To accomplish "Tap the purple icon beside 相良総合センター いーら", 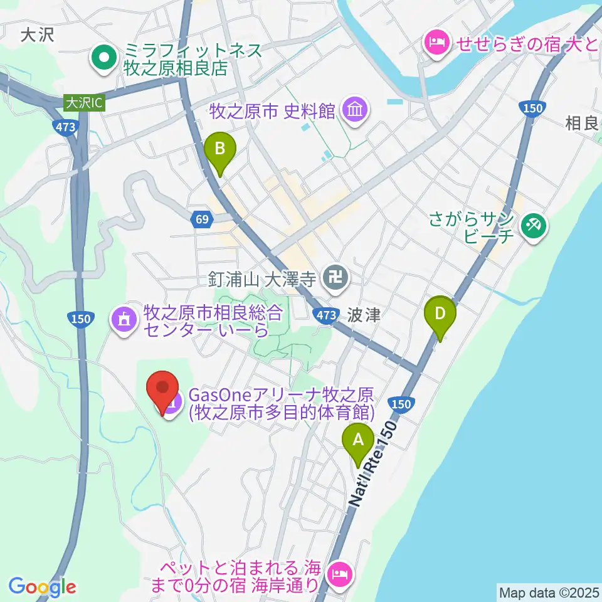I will point(124,319).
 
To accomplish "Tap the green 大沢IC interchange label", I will point(84,102).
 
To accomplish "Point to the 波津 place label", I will point(364,315).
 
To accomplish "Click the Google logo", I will point(42,587).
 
